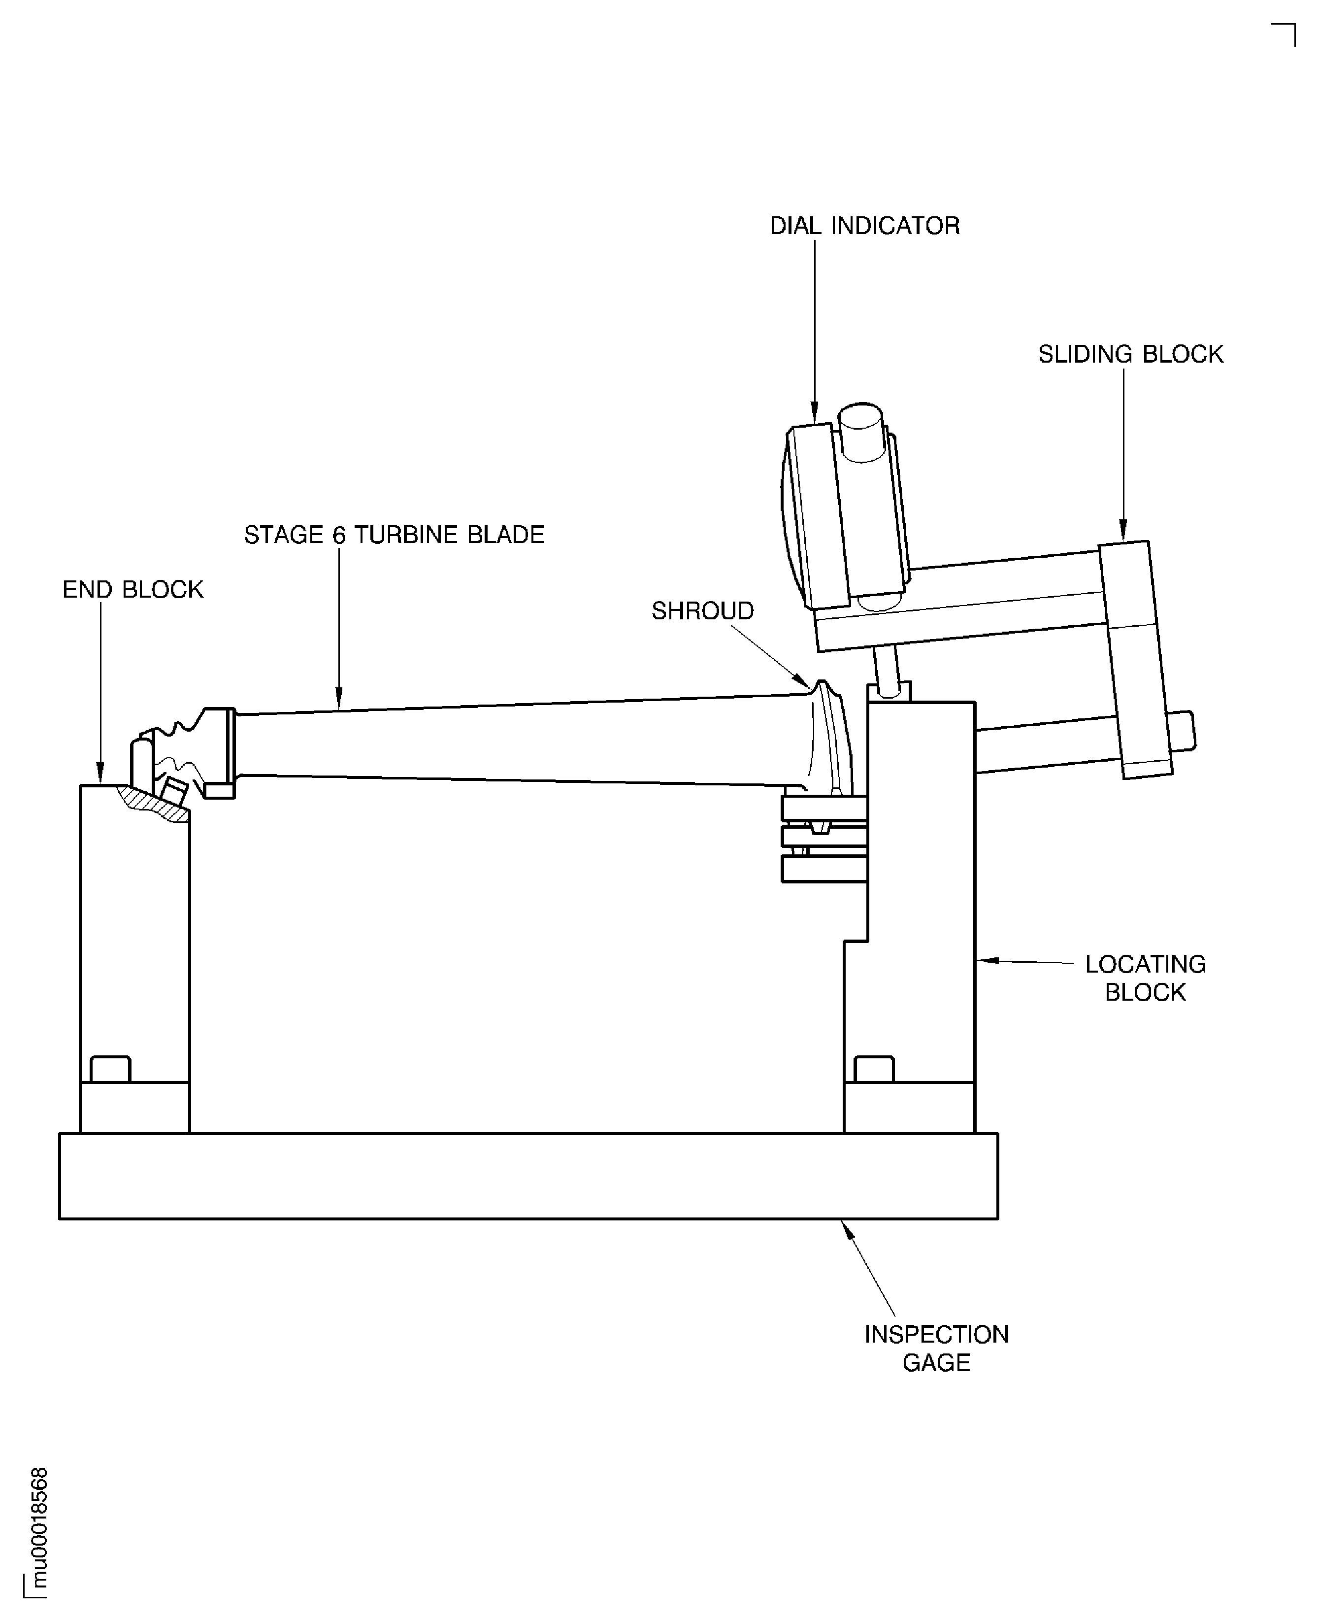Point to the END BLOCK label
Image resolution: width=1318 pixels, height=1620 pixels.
click(x=133, y=589)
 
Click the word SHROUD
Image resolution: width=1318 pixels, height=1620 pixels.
click(x=702, y=610)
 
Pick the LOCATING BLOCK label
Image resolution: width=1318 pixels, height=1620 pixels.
click(x=1145, y=978)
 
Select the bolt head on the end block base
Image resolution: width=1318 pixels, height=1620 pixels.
click(x=110, y=1069)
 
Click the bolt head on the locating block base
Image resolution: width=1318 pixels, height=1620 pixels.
click(x=874, y=1069)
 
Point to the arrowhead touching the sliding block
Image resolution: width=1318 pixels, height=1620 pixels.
click(x=1123, y=531)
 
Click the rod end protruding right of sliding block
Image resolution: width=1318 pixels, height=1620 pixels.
click(x=1183, y=731)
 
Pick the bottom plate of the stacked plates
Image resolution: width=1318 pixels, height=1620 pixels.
click(x=824, y=869)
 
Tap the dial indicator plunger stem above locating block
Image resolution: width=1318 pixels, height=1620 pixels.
click(x=886, y=667)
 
